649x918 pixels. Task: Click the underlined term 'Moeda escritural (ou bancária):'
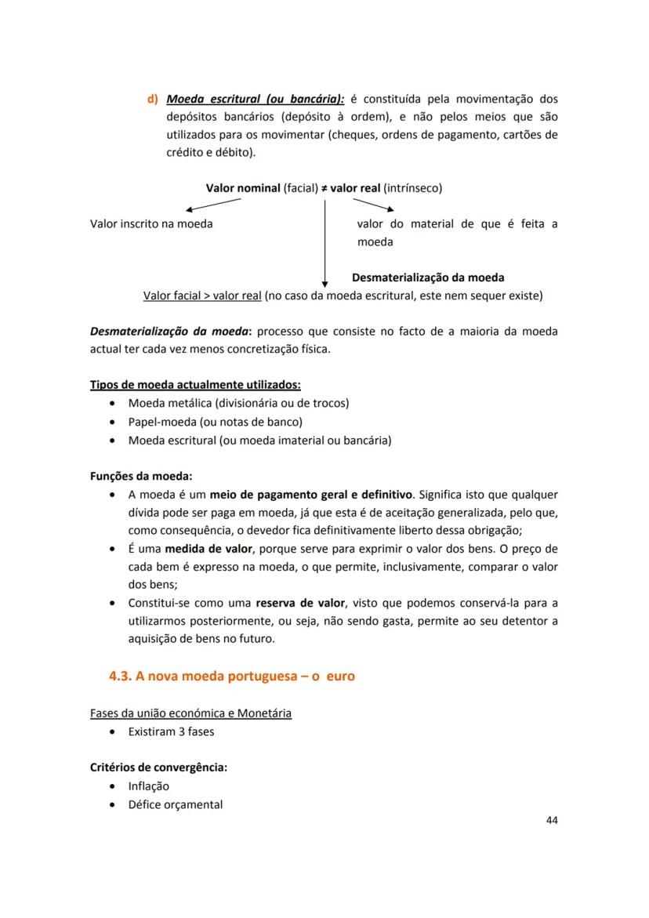[x=255, y=100]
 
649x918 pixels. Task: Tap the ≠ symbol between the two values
[x=324, y=188]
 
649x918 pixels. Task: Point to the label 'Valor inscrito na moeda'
[x=151, y=223]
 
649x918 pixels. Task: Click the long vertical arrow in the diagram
[x=324, y=243]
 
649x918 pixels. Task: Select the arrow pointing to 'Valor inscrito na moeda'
[x=212, y=205]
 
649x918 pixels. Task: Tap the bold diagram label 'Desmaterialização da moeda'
[x=428, y=278]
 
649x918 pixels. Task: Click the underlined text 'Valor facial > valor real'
[x=202, y=296]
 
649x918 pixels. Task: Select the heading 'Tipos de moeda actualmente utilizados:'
[x=195, y=384]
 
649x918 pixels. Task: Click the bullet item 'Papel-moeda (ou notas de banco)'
[x=215, y=422]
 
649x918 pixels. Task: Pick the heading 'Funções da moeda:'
[x=141, y=476]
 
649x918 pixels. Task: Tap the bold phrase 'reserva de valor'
[x=299, y=603]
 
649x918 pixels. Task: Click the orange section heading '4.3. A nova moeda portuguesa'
[x=231, y=676]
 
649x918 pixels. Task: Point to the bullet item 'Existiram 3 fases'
[x=171, y=731]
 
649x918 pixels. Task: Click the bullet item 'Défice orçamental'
[x=175, y=804]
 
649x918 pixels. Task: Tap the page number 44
[x=551, y=820]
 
